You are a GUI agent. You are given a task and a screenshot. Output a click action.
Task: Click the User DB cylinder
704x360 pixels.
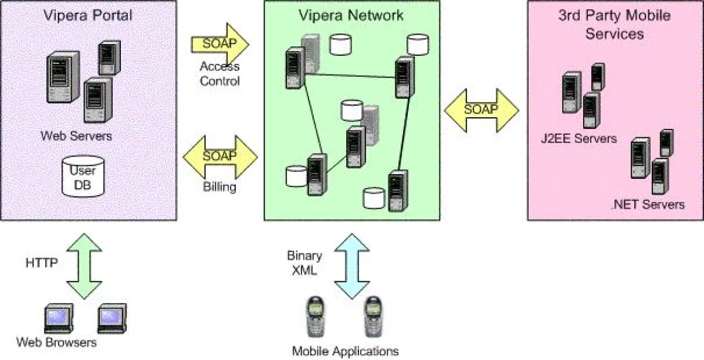coord(83,176)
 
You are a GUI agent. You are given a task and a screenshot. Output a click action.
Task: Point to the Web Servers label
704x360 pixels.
coord(76,136)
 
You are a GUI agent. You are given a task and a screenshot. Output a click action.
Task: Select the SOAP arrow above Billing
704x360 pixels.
coord(220,157)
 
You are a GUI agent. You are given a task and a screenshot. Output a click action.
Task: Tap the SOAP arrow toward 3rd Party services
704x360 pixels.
coord(481,110)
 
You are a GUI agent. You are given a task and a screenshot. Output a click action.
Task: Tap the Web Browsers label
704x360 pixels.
coord(56,342)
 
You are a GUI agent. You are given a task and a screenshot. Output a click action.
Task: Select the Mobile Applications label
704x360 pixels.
coord(346,351)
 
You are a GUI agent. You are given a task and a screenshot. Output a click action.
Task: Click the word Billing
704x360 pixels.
coord(219,188)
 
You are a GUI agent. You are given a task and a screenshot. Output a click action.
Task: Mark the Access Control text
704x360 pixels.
coord(220,73)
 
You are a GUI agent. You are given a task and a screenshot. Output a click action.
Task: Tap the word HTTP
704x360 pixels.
coord(42,263)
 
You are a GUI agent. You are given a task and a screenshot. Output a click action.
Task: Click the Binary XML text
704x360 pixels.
coord(304,263)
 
